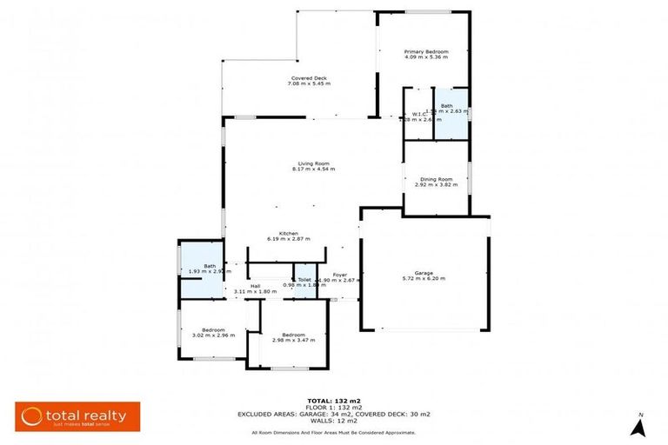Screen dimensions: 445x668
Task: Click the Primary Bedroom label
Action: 425,52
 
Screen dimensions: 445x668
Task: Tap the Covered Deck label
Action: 308,78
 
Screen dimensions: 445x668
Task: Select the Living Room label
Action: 313,163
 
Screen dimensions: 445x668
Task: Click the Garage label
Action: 424,272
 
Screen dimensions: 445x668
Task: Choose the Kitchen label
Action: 289,233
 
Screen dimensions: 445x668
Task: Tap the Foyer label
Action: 339,275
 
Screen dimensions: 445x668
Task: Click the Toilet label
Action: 304,280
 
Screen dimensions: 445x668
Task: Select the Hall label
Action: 255,285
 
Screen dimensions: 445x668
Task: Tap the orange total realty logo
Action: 77,417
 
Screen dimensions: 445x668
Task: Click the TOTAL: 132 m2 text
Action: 334,401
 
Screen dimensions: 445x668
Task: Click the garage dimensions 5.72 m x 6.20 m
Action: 424,278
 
